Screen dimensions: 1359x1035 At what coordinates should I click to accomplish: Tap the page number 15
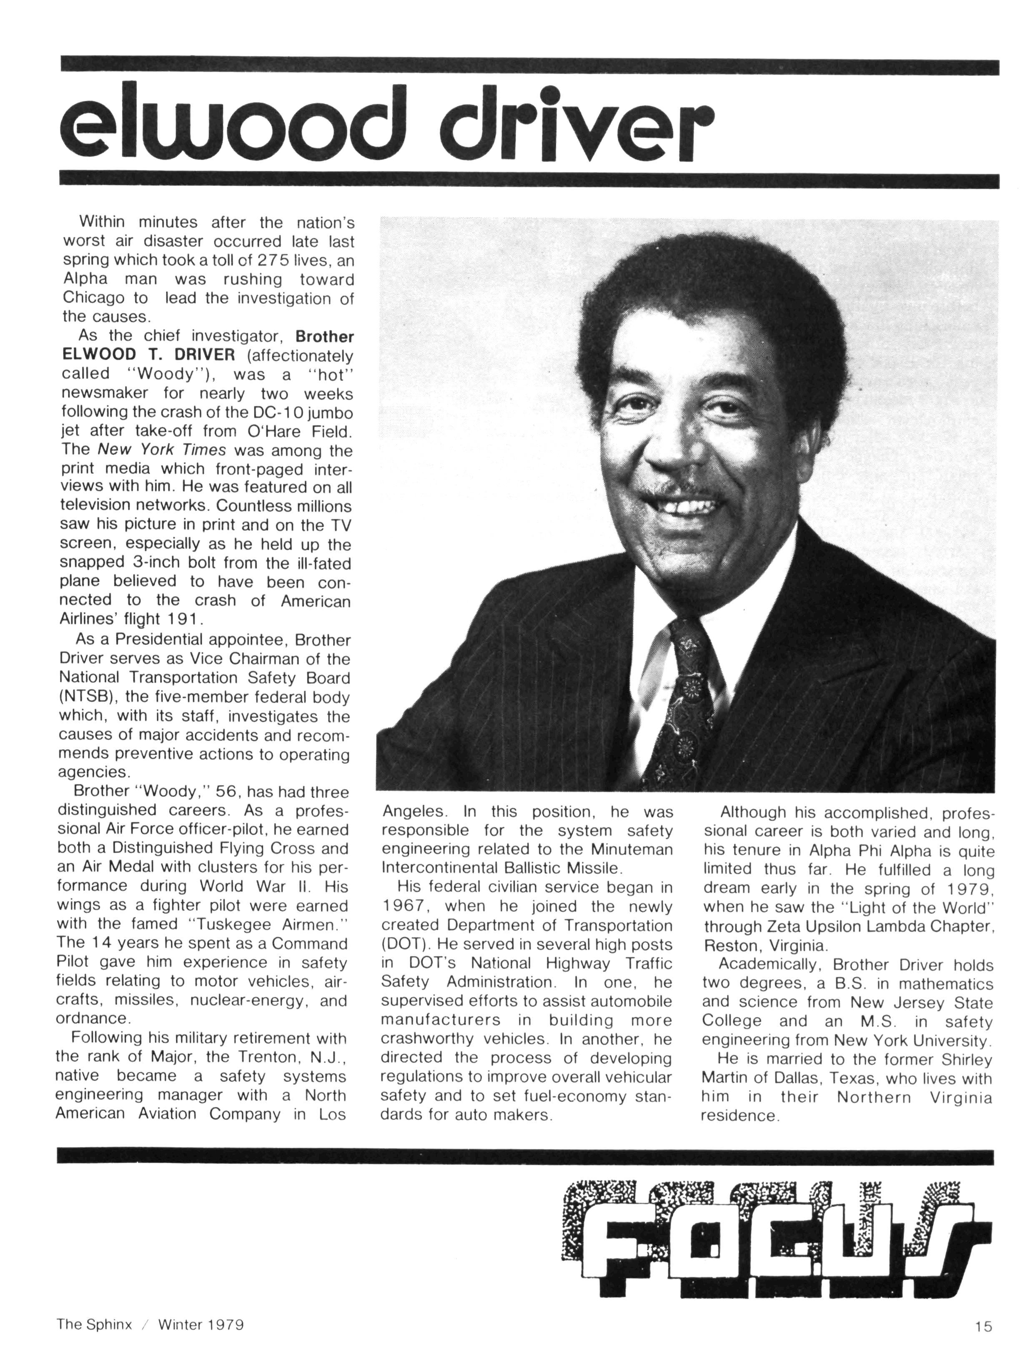coord(983,1326)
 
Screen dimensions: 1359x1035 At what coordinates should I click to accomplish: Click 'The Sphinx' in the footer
coord(94,1324)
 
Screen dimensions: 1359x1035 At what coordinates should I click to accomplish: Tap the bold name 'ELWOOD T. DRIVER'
coord(148,355)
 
